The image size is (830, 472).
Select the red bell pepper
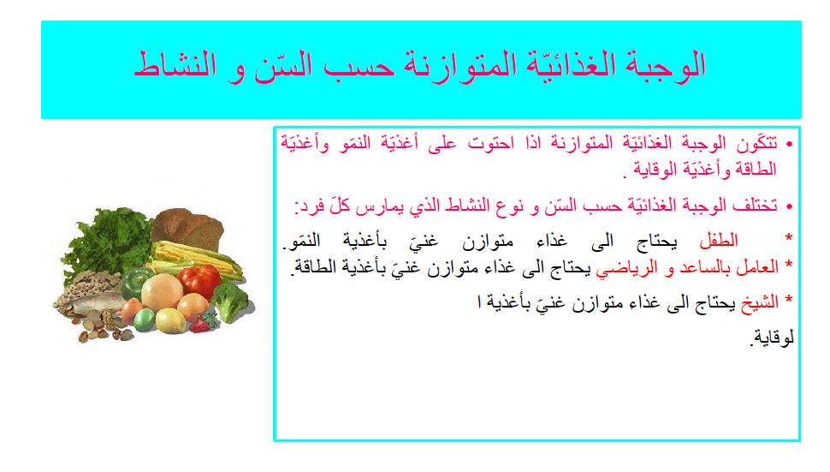(x=202, y=280)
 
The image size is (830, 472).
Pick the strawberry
(x=204, y=323)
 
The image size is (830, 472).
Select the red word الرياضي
(x=625, y=267)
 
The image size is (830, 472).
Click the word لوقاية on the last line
(x=771, y=338)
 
